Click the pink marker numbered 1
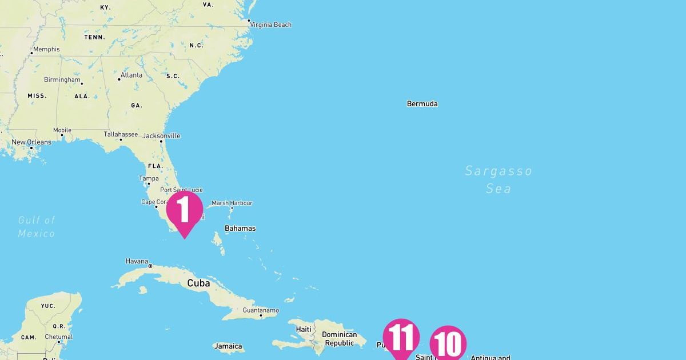coord(184,211)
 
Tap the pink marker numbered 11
coord(401,338)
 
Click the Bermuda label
coord(422,104)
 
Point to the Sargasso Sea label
coord(498,179)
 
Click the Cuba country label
coord(198,283)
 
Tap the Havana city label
coord(137,262)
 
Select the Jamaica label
coord(228,346)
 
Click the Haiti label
coord(304,329)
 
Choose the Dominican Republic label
coord(339,339)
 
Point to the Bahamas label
coord(240,229)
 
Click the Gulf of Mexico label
coord(37,226)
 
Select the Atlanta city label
coord(131,75)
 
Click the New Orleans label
coord(31,142)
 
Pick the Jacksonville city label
coord(162,136)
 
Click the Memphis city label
coord(46,49)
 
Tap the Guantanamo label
coord(261,310)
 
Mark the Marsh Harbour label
coord(232,203)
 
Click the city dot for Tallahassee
coord(121,139)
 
